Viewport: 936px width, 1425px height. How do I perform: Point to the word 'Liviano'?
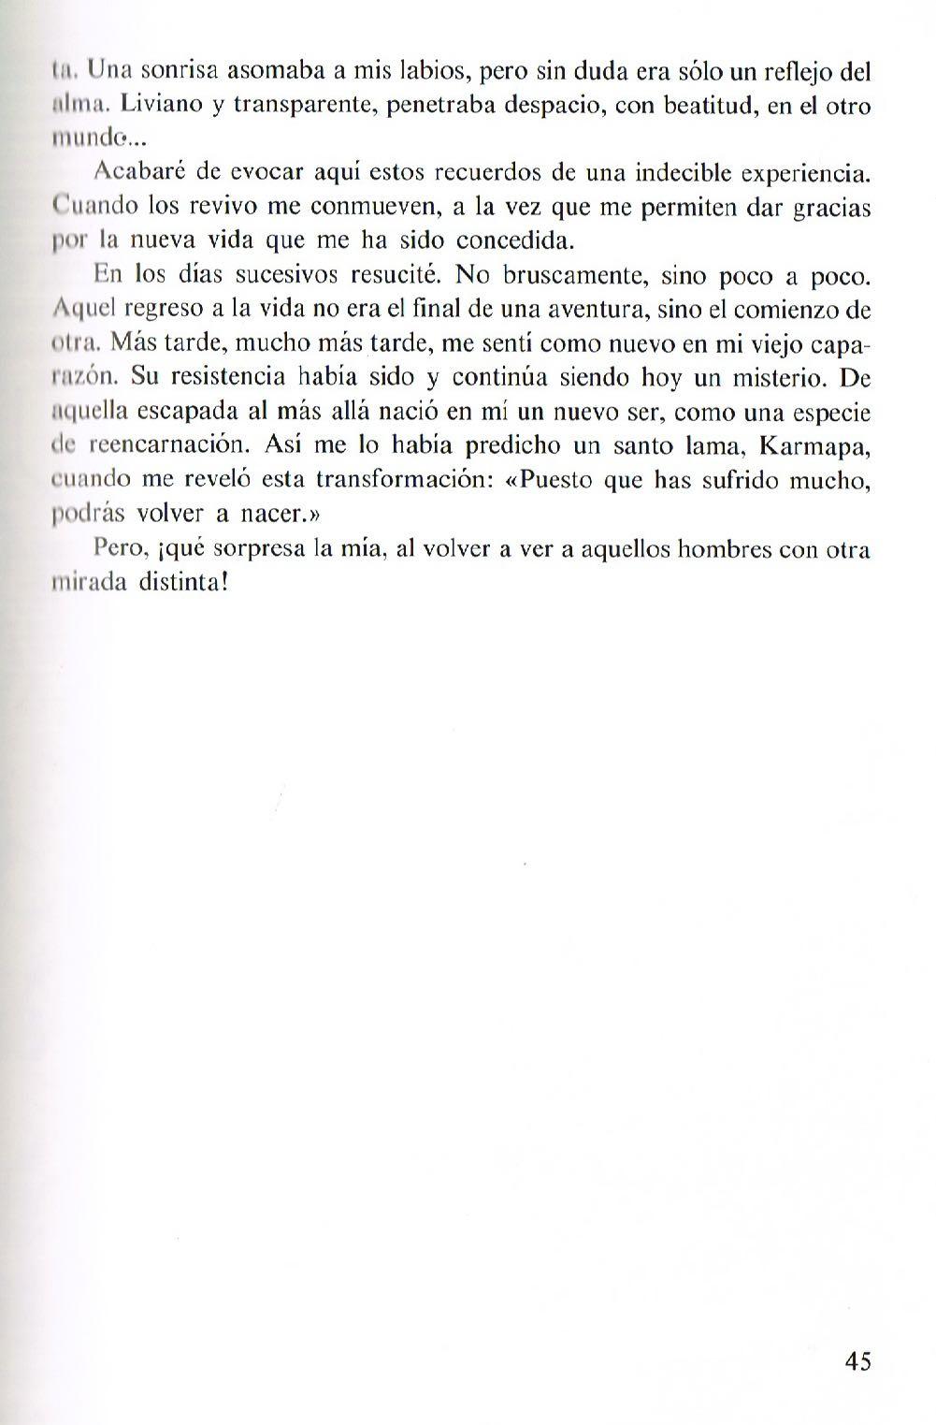(x=160, y=105)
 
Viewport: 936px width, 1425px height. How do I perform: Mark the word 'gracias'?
(x=831, y=208)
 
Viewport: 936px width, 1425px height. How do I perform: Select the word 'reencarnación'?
(x=179, y=445)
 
